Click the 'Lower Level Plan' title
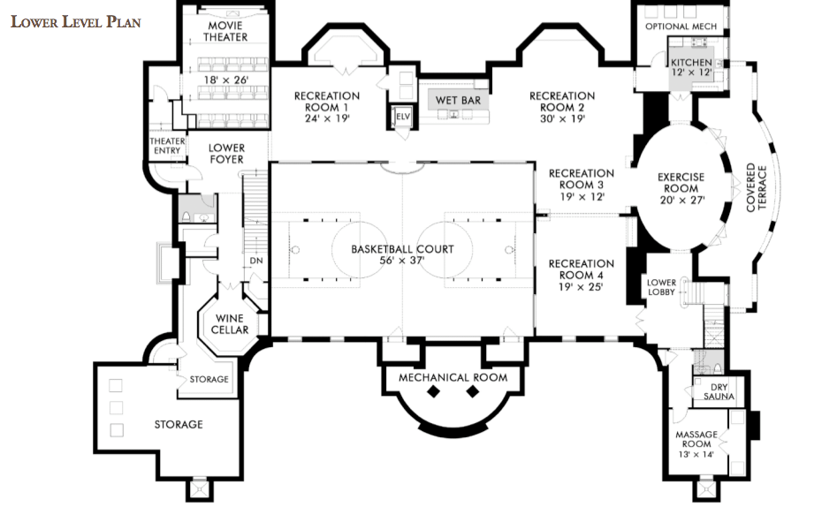[x=76, y=22]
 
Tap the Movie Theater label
[x=225, y=32]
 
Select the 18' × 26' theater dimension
[x=225, y=80]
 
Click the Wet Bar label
[x=458, y=101]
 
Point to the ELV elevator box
[x=402, y=117]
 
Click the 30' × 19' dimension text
[x=562, y=118]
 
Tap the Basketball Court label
[x=402, y=249]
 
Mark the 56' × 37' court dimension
[x=402, y=261]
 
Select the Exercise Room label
[x=681, y=183]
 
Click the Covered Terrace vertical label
[x=757, y=187]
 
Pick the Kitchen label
[x=691, y=63]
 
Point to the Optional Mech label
[x=681, y=26]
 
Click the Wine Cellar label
[x=230, y=324]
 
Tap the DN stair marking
[x=256, y=261]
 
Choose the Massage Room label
[x=696, y=439]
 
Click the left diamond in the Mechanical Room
[x=433, y=392]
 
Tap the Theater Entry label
[x=167, y=146]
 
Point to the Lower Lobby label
[x=661, y=287]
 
